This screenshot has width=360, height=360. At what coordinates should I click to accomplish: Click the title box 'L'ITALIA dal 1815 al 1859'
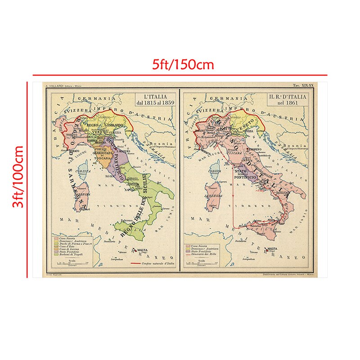click(x=156, y=99)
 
